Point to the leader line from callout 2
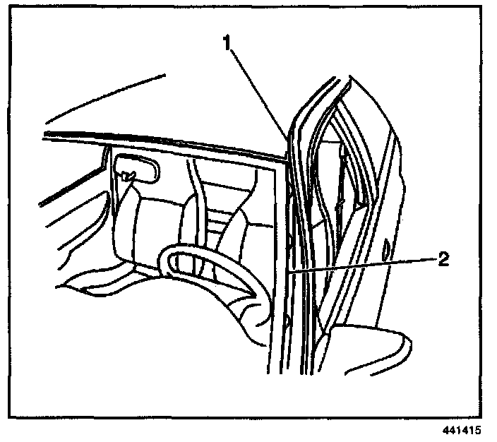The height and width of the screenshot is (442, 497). point(360,265)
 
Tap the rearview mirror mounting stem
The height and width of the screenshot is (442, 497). point(128,177)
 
